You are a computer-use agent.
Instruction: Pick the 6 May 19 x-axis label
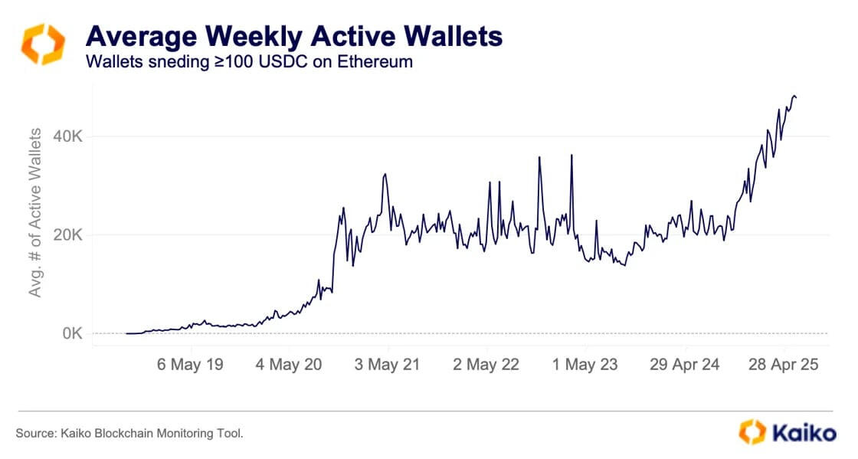[x=190, y=365]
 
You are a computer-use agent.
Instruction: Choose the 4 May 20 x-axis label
[x=288, y=365]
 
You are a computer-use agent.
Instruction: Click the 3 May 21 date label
[x=387, y=365]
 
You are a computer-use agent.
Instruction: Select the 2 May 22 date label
[x=486, y=365]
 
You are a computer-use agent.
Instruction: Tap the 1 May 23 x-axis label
[x=585, y=365]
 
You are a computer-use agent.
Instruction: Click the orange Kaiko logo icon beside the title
[x=43, y=44]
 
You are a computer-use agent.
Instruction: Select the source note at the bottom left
[x=129, y=434]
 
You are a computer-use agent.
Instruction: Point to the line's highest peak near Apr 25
[x=794, y=95]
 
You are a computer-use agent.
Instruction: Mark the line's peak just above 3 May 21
[x=385, y=174]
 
